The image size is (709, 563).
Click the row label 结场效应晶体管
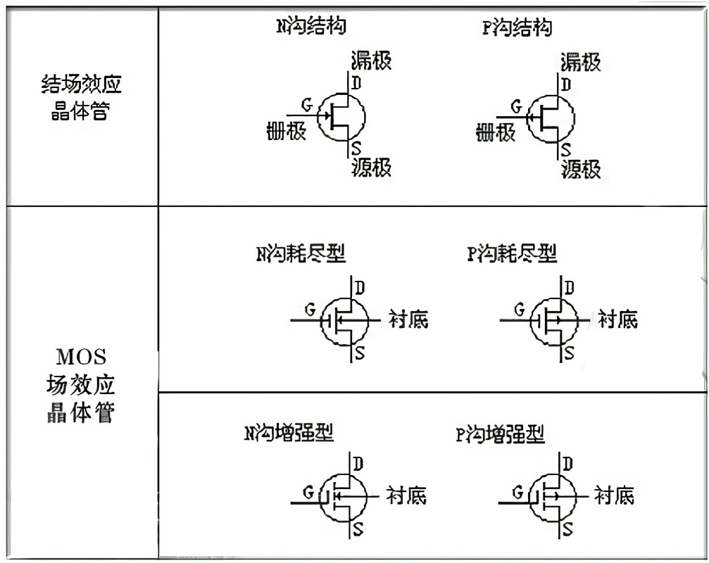(x=81, y=98)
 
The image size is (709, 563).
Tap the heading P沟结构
(x=517, y=27)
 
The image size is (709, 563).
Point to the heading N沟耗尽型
(x=301, y=254)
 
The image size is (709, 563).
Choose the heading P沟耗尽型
(x=512, y=254)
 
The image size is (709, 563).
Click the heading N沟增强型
(x=289, y=433)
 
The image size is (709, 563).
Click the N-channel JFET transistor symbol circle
(x=342, y=116)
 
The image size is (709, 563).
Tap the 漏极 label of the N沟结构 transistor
(x=370, y=61)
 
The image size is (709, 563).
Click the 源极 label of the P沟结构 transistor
(x=581, y=170)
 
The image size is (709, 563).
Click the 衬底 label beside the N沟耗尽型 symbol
(x=408, y=320)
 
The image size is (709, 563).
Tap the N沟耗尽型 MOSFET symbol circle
(x=345, y=322)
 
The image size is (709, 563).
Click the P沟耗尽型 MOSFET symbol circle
(x=554, y=322)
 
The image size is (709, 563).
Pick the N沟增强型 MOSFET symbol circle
(x=344, y=497)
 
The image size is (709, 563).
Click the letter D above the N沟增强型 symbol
(x=358, y=464)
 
